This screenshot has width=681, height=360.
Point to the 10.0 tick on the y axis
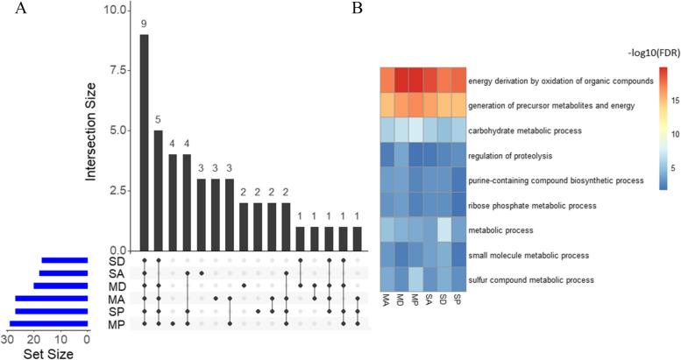[x=114, y=11]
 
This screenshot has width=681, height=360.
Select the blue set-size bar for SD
[x=64, y=260]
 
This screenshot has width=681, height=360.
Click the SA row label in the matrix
[x=115, y=273]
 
